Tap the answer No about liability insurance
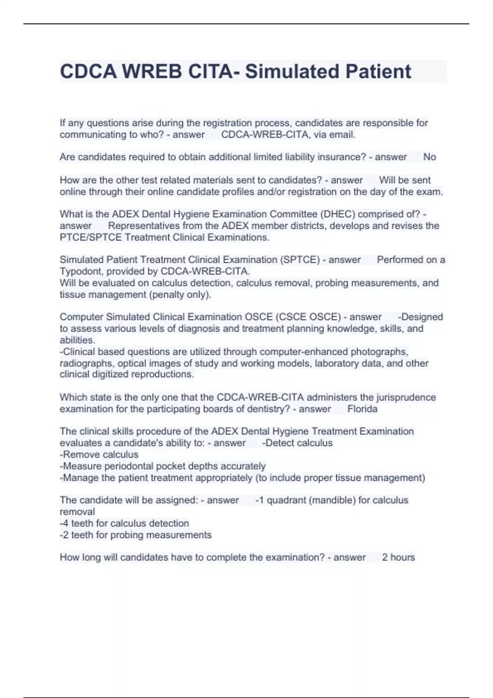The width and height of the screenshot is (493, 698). click(x=429, y=157)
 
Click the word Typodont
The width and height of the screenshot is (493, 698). click(x=81, y=271)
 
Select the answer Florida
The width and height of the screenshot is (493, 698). click(x=362, y=409)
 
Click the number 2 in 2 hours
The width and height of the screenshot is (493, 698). click(x=385, y=558)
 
